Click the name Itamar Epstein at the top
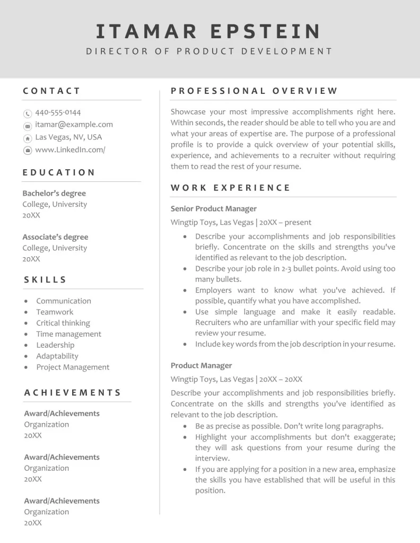(209, 31)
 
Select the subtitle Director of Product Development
(209, 51)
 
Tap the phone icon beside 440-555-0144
(28, 113)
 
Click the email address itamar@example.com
(74, 125)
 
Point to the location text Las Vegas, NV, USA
(68, 137)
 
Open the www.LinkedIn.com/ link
(70, 150)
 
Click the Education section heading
(59, 172)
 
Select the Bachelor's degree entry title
(54, 194)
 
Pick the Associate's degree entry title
(55, 237)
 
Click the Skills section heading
(46, 279)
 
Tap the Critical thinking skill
(63, 323)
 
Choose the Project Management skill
(73, 367)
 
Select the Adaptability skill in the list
(57, 356)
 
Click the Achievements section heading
(73, 393)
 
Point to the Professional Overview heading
(254, 91)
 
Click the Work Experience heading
(231, 188)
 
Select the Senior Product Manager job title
(214, 209)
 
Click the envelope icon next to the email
(28, 126)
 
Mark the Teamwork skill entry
(55, 312)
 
